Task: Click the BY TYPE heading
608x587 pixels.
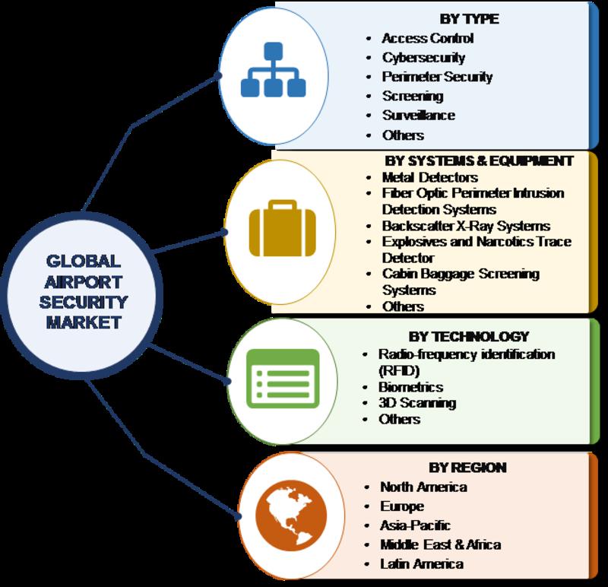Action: [x=469, y=18]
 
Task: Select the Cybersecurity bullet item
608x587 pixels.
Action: [x=423, y=58]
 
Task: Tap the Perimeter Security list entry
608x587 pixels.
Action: [x=437, y=77]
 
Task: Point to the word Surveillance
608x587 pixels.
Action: [x=419, y=116]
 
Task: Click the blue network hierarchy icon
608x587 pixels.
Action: [x=274, y=70]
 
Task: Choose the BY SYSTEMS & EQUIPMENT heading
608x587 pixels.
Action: [x=479, y=160]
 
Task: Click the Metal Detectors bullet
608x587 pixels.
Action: [x=429, y=177]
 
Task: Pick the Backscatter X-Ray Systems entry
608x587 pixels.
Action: [x=466, y=226]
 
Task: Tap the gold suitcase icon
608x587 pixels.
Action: [x=282, y=228]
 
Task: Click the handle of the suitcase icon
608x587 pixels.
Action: [x=282, y=205]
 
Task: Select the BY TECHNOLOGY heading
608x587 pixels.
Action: [x=469, y=336]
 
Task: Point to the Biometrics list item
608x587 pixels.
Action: [x=410, y=387]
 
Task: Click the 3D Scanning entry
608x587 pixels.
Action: [x=417, y=403]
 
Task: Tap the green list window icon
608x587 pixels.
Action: [x=283, y=379]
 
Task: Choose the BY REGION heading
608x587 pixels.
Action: [x=467, y=468]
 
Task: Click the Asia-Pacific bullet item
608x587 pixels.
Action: [x=415, y=525]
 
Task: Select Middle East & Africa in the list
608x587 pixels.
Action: [x=441, y=544]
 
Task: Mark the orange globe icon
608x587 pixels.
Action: [x=291, y=516]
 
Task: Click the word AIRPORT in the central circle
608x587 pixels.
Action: [x=84, y=282]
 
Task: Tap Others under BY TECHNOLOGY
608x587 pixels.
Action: [x=400, y=420]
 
